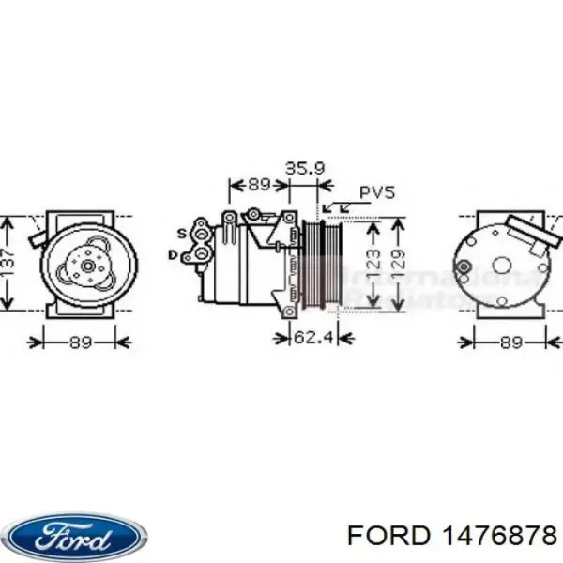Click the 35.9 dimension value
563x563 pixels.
click(305, 169)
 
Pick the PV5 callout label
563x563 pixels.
click(378, 193)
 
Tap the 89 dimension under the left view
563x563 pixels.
click(82, 342)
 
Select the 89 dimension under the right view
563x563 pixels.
click(510, 342)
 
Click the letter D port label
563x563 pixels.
click(174, 254)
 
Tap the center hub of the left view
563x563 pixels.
click(87, 266)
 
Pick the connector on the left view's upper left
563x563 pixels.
click(38, 235)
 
